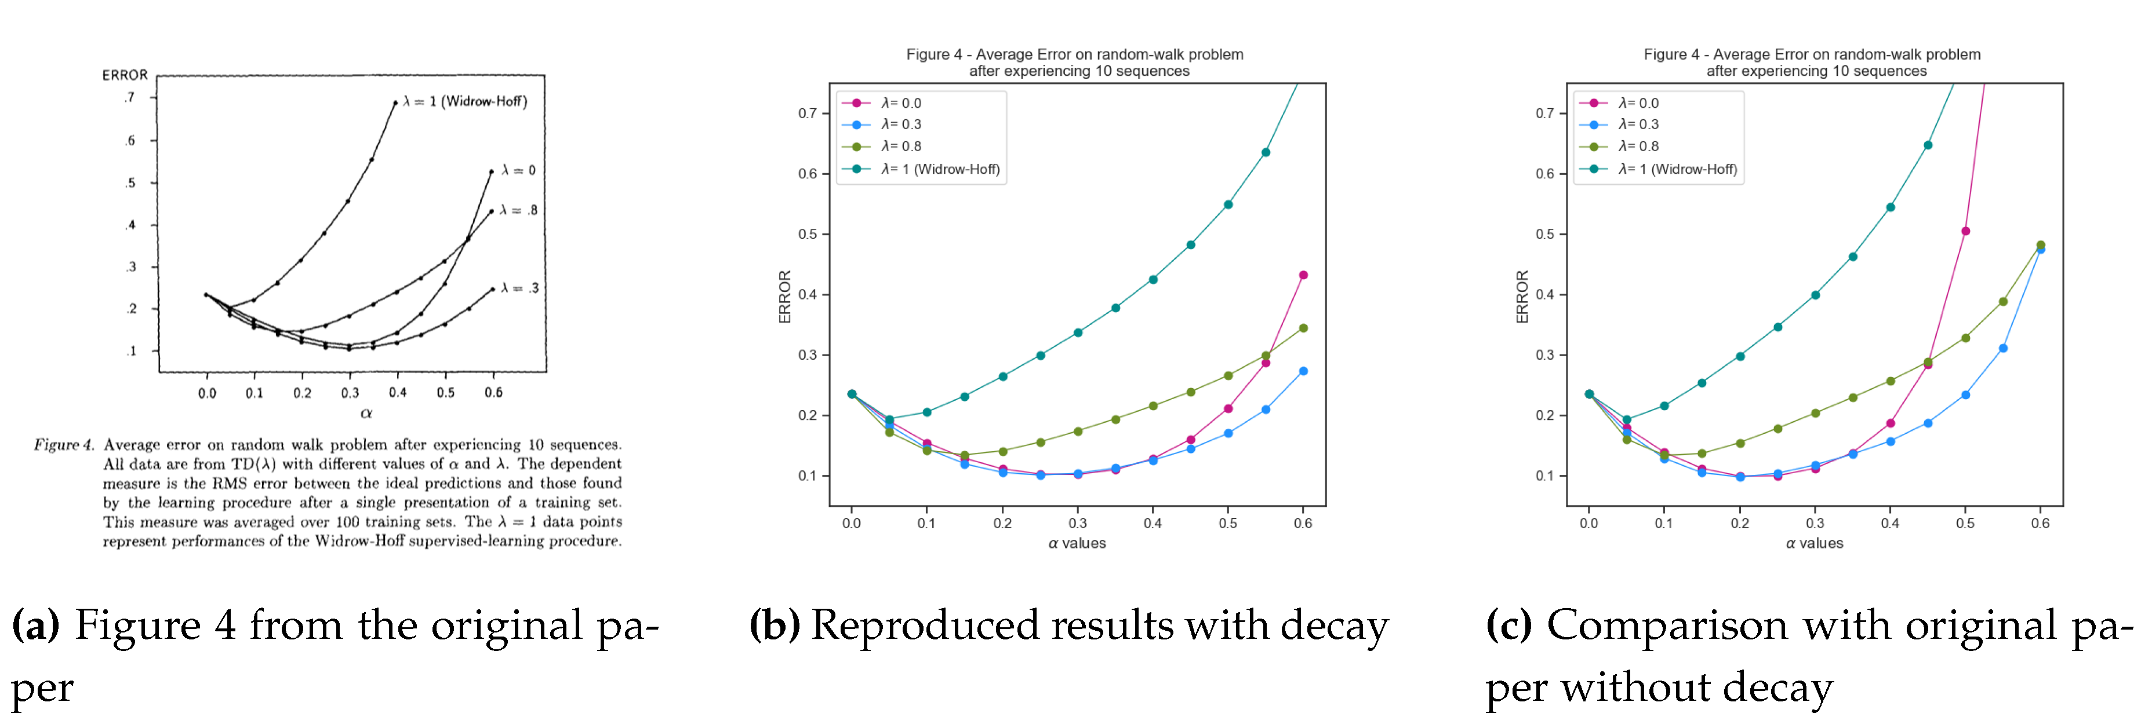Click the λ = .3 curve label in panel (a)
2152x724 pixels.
519,288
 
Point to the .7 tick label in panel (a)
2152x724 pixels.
129,98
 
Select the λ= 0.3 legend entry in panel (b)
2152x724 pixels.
900,125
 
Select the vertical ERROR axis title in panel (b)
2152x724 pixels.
784,297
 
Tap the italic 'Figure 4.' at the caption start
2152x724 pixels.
64,445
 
